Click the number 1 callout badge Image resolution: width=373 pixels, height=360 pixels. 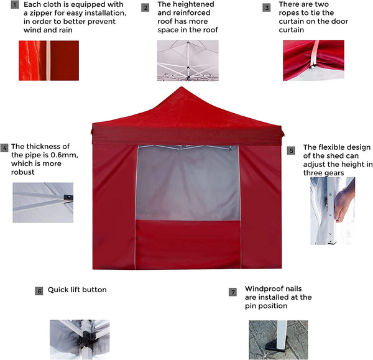click(15, 5)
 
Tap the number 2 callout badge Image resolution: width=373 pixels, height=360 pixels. click(145, 7)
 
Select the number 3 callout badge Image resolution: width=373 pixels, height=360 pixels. click(267, 7)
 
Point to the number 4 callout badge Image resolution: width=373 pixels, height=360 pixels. click(5, 148)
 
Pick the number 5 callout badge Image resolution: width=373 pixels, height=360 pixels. click(291, 150)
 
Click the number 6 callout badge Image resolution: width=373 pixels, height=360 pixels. click(39, 290)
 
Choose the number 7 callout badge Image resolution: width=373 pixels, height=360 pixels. click(233, 291)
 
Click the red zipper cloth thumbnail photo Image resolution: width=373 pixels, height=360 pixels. click(48, 60)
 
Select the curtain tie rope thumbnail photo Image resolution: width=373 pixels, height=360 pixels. click(313, 60)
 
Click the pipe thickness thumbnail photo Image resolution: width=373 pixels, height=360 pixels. click(43, 202)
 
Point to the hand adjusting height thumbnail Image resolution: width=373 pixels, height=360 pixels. click(333, 210)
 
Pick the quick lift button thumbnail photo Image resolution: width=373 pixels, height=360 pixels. click(80, 339)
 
